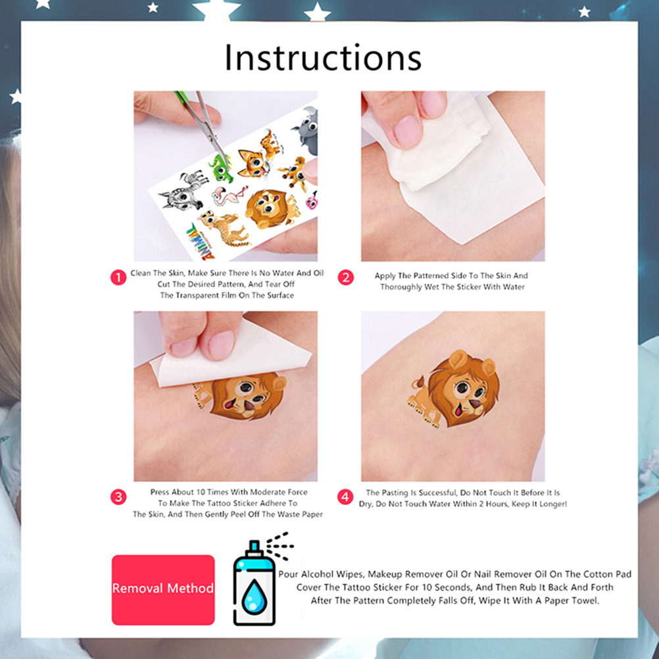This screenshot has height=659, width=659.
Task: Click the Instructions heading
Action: [323, 58]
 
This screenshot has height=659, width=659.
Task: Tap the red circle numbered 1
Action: [118, 278]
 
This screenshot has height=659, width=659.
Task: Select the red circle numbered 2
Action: [346, 278]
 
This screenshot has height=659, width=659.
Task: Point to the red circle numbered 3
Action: [118, 497]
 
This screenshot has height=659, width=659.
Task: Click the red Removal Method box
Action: [163, 590]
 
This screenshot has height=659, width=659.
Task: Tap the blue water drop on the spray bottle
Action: [254, 597]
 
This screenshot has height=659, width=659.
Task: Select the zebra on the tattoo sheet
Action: [184, 190]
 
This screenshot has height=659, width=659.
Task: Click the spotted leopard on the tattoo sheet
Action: [223, 228]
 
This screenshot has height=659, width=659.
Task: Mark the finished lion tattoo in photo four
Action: [454, 389]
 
